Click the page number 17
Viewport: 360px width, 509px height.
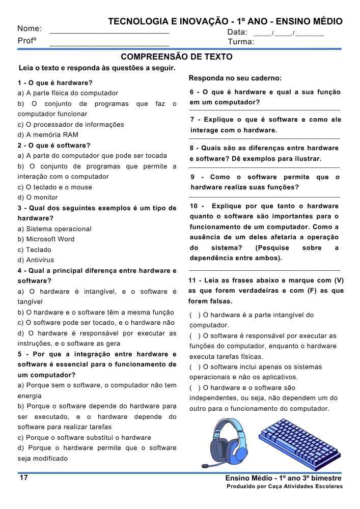(23, 478)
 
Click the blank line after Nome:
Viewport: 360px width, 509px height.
(109, 32)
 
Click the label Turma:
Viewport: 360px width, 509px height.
(241, 42)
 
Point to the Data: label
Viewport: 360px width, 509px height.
(237, 32)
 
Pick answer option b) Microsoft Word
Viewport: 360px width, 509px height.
(46, 239)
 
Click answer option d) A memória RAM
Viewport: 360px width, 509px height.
(48, 135)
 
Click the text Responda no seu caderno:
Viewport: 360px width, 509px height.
(235, 78)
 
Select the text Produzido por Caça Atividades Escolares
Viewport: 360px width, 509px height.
(285, 487)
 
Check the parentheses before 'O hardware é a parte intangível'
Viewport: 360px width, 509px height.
(194, 315)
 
